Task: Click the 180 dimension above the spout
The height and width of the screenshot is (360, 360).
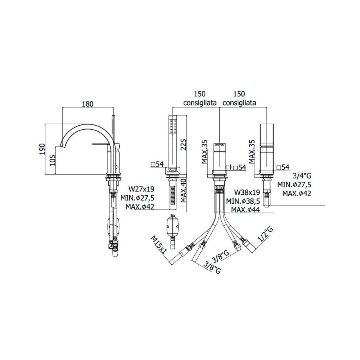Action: click(x=88, y=104)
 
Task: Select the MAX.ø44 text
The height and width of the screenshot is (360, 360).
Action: click(x=245, y=210)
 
